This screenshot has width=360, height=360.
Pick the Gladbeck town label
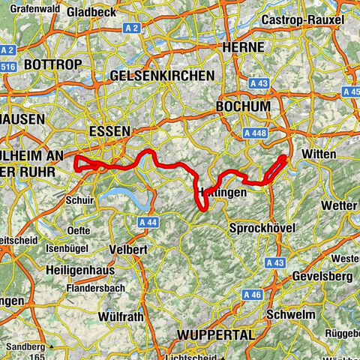click(91, 13)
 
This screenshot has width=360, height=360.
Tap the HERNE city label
click(243, 46)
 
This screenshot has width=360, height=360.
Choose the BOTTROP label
click(52, 65)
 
